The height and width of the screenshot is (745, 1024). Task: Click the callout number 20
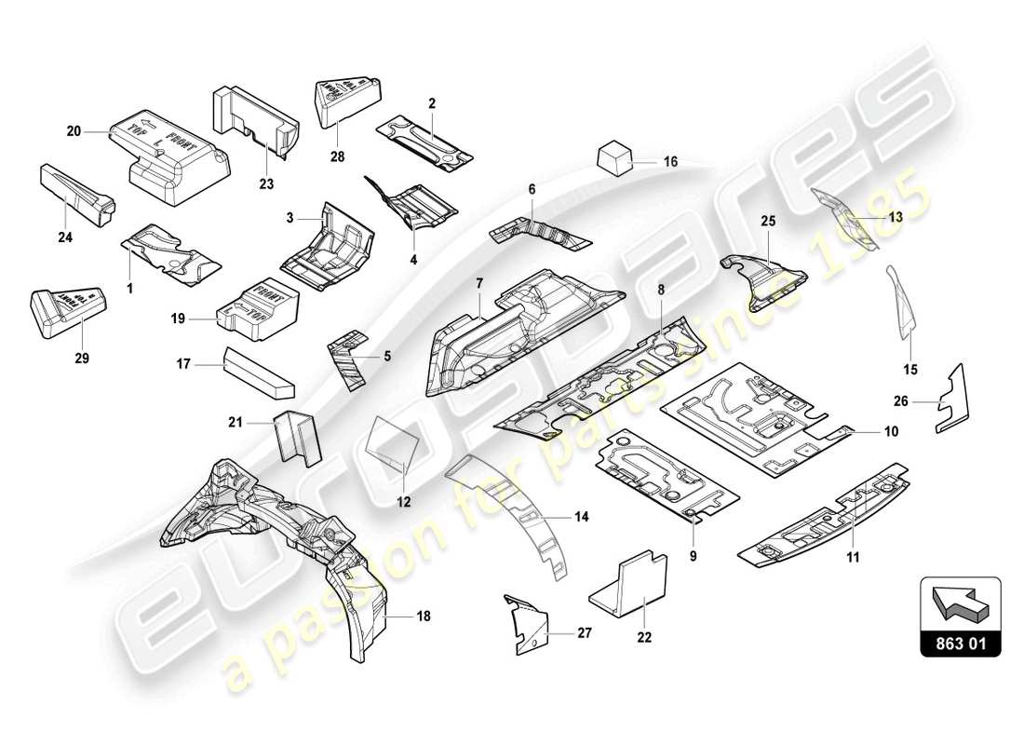pos(74,132)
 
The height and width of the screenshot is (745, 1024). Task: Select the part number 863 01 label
pos(960,642)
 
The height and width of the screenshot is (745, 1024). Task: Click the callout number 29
pos(82,358)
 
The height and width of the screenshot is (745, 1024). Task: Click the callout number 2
pos(431,103)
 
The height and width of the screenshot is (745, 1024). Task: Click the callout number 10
pos(891,433)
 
